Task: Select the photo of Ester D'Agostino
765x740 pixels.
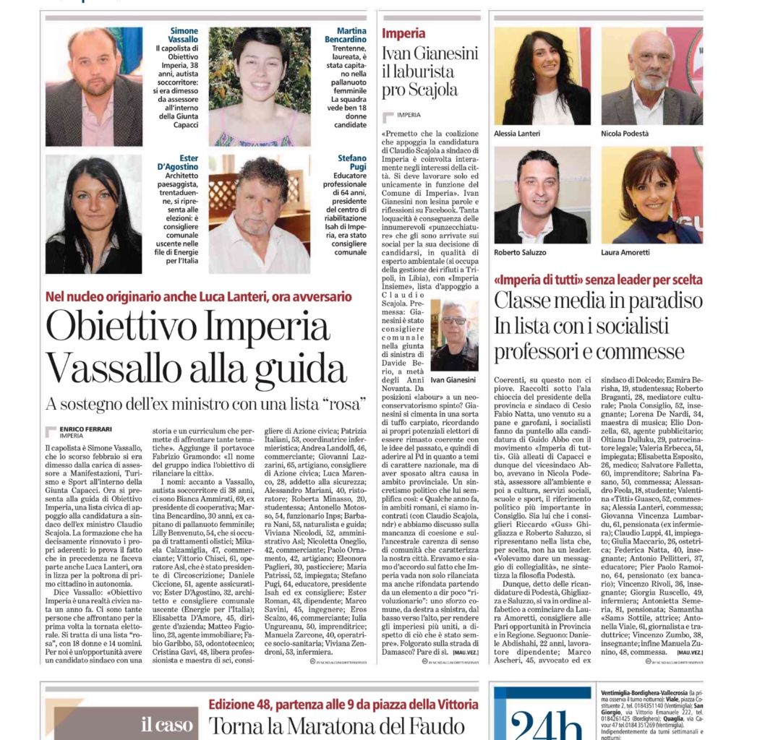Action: [94, 215]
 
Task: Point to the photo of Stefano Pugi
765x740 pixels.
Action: [259, 215]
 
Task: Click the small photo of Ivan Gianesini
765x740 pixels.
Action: [454, 335]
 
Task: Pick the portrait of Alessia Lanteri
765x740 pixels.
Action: [542, 76]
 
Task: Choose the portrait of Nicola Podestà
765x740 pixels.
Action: [651, 76]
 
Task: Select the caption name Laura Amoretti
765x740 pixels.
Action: [628, 252]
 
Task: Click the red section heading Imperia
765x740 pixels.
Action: [403, 33]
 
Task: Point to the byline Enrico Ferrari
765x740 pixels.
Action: [85, 429]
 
